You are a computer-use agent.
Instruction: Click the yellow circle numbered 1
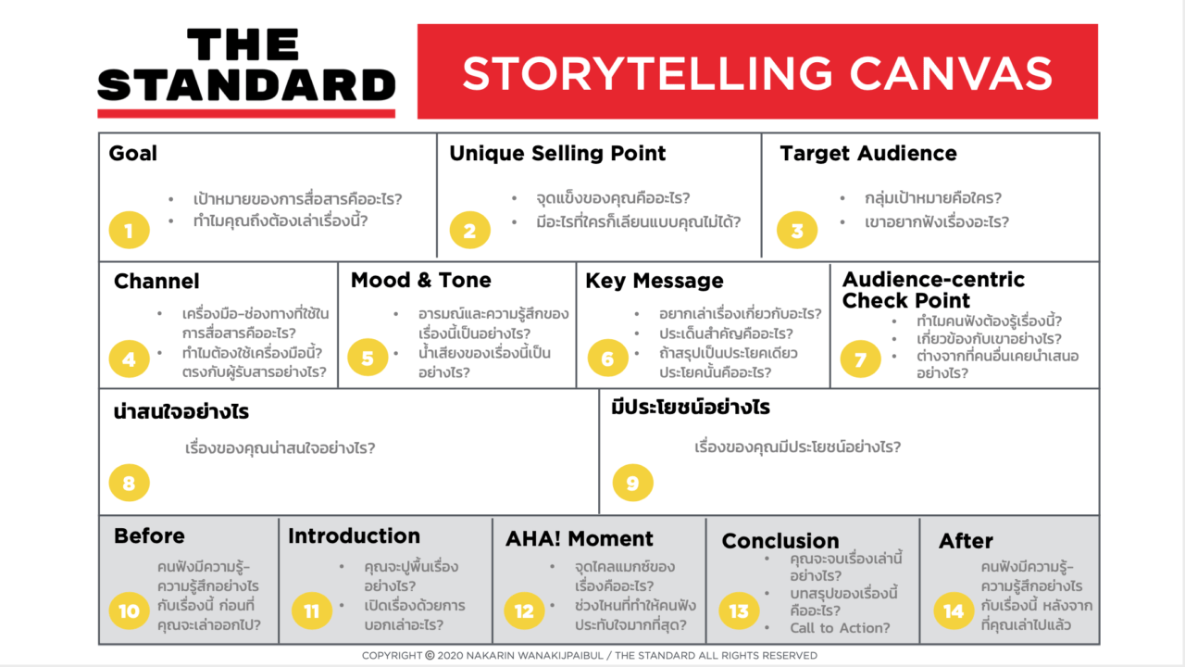tap(129, 231)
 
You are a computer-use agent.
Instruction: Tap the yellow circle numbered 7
tap(860, 359)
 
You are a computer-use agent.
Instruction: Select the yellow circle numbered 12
tap(524, 611)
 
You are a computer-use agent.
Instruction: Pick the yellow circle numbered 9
tap(632, 483)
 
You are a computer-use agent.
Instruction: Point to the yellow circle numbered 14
tap(954, 611)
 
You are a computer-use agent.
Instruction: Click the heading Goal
tap(133, 154)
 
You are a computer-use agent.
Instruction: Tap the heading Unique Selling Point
tap(557, 154)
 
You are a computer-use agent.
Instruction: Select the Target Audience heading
tap(868, 154)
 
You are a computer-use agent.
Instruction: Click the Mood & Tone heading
tap(421, 281)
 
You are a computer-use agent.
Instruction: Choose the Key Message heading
tap(655, 281)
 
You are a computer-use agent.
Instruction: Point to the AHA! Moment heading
tap(580, 539)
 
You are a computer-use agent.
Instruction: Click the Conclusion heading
tap(780, 541)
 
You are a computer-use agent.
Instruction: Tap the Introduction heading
tap(354, 536)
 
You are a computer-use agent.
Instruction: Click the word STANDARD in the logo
tap(246, 85)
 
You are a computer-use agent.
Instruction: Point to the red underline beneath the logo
tap(246, 114)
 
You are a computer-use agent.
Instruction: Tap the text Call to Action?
tap(840, 628)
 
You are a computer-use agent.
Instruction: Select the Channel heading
tap(156, 281)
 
